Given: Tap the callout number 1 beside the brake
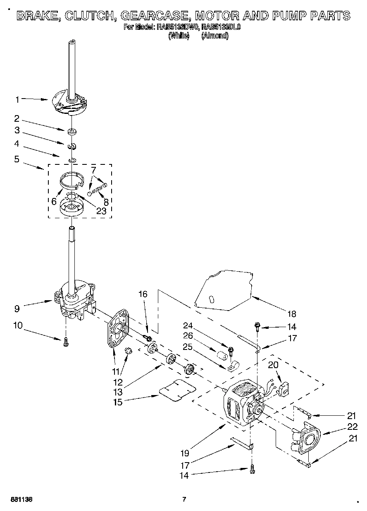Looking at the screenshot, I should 17,99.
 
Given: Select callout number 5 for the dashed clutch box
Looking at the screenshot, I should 17,159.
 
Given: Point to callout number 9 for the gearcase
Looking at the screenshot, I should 17,308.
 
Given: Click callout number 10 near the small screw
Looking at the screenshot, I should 17,325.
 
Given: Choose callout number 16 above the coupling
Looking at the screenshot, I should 143,294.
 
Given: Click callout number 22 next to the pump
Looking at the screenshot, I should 352,427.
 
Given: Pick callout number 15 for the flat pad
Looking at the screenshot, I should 118,402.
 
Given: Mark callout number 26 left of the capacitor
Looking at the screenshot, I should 188,335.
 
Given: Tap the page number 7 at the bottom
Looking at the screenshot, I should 185,499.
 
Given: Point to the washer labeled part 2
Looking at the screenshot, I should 73,132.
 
